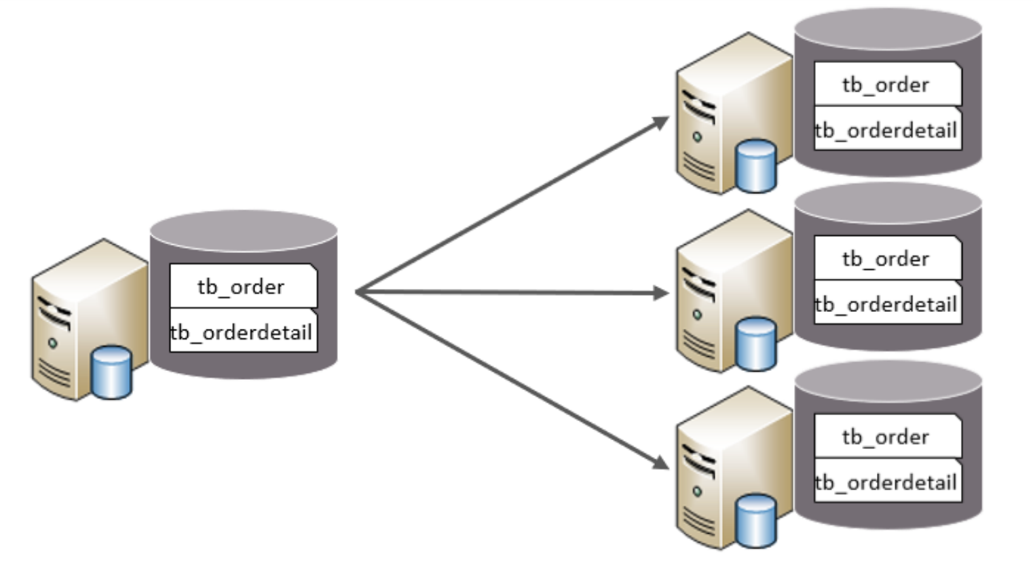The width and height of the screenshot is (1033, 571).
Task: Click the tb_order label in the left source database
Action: point(242,287)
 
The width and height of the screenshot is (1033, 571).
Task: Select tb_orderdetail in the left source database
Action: point(242,332)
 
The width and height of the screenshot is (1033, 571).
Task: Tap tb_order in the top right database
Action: point(886,85)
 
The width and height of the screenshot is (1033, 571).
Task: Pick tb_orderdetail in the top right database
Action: point(886,130)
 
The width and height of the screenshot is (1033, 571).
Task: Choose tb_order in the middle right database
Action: point(886,259)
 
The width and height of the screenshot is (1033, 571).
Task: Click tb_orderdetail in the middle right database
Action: point(886,304)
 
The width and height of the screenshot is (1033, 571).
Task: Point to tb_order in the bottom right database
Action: point(886,437)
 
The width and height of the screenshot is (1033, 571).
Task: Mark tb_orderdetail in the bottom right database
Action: point(886,482)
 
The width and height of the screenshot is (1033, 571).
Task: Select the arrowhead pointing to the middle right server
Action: point(661,293)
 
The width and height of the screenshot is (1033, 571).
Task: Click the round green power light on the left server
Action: point(52,343)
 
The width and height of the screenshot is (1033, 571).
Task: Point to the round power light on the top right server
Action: point(697,137)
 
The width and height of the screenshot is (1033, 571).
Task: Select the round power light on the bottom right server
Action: point(697,492)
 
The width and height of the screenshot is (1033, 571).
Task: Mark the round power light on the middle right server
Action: point(697,315)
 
